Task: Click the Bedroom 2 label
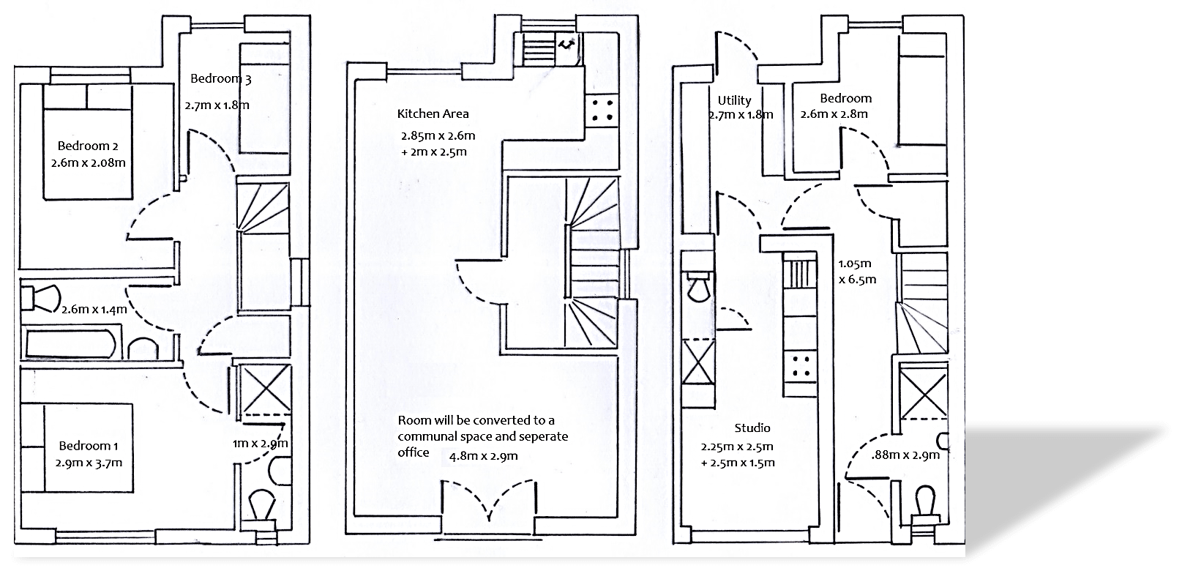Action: tap(88, 146)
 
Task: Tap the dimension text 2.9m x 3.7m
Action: tap(89, 463)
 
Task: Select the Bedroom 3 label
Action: tap(221, 78)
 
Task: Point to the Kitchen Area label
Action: tap(433, 113)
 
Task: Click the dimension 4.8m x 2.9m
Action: tap(483, 456)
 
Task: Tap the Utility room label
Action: tap(734, 100)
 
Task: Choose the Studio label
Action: tap(752, 428)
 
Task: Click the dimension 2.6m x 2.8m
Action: tap(834, 114)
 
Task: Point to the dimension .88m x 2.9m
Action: tap(906, 455)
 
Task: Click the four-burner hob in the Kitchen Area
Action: tap(602, 111)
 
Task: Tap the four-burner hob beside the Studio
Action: tap(799, 365)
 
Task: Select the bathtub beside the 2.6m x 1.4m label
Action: tap(67, 344)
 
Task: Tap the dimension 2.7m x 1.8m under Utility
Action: tap(741, 115)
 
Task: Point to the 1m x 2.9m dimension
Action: tap(260, 444)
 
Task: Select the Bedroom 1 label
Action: tap(88, 446)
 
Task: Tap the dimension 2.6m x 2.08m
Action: tap(89, 163)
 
